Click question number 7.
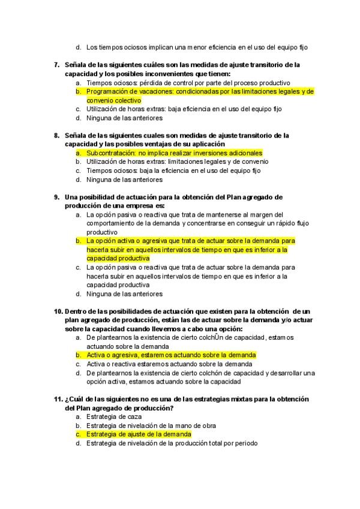coord(57,64)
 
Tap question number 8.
coord(57,135)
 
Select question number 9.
coord(57,197)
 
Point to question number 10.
coord(58,311)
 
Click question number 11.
coord(58,399)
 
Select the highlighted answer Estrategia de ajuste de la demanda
coord(139,434)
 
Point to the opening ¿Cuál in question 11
coord(74,399)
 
